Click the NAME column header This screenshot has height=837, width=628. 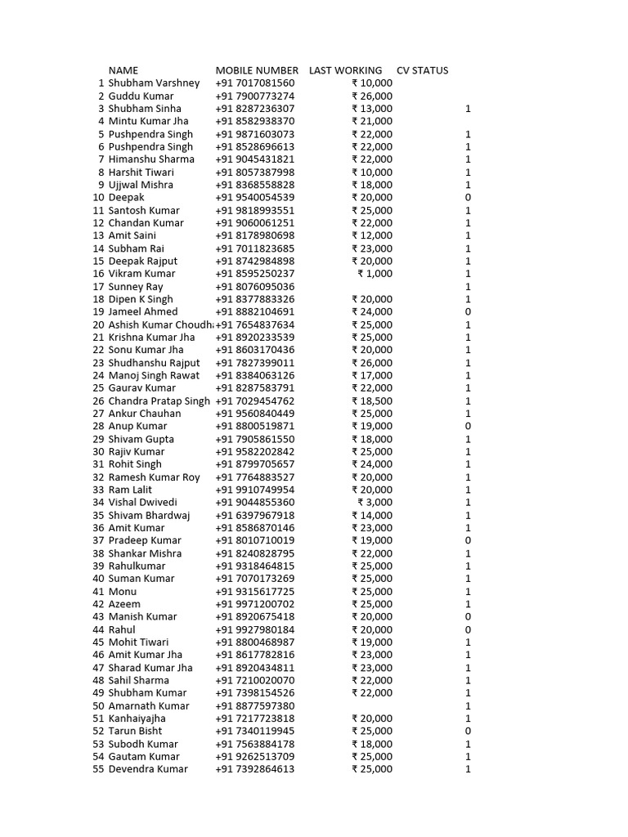coord(123,70)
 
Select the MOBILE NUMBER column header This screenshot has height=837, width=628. coord(257,70)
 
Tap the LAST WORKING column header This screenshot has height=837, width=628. coord(345,70)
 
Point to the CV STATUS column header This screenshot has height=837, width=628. coord(422,70)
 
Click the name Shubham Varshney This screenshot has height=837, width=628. coord(154,83)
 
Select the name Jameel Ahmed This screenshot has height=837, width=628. coord(143,311)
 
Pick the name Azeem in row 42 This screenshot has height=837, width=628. coord(124,604)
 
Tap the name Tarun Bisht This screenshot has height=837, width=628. coord(135,731)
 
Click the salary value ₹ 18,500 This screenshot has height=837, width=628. coord(372,401)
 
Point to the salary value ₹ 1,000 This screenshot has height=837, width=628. coord(375,274)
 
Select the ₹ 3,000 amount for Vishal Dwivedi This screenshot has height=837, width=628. coord(375,503)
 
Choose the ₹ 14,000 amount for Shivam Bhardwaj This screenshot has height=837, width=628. coord(372,515)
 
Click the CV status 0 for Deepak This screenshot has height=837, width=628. coord(468,198)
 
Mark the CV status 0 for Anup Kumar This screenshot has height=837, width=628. coord(468,426)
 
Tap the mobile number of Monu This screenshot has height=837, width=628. coord(255,591)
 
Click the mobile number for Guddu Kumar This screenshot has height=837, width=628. coord(255,96)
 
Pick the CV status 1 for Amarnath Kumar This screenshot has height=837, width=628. coord(468,705)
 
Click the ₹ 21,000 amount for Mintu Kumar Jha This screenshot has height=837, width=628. coord(372,121)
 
